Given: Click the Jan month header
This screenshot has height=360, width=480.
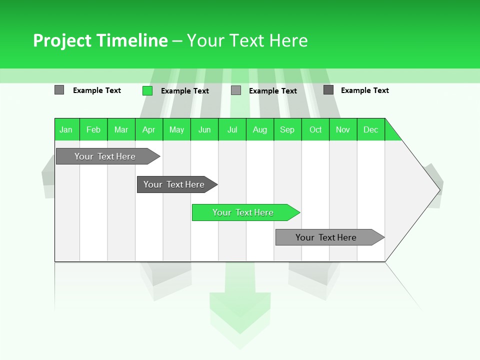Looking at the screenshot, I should click(x=66, y=129).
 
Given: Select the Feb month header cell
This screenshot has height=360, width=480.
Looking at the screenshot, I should click(x=93, y=129).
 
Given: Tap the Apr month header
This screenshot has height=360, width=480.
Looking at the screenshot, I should click(x=149, y=129).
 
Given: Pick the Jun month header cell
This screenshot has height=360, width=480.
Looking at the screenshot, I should click(x=204, y=129).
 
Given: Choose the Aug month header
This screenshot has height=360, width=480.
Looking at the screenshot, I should click(x=260, y=129).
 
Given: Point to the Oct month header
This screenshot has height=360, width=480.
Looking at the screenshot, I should click(x=315, y=129).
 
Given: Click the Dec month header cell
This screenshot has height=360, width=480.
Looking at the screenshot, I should click(x=371, y=129).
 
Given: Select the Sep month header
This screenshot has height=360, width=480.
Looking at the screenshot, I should click(x=287, y=129).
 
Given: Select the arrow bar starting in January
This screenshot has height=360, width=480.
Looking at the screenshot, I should click(x=105, y=156).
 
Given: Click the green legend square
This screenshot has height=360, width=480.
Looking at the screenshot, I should click(x=147, y=90).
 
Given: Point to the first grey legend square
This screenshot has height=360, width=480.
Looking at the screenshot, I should click(x=59, y=90).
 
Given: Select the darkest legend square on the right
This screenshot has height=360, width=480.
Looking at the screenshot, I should click(x=328, y=90).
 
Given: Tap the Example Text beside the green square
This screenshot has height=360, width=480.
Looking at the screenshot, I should click(x=185, y=91).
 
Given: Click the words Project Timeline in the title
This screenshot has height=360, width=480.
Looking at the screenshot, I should click(x=100, y=40).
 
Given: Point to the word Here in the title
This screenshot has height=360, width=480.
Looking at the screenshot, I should click(x=288, y=40).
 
